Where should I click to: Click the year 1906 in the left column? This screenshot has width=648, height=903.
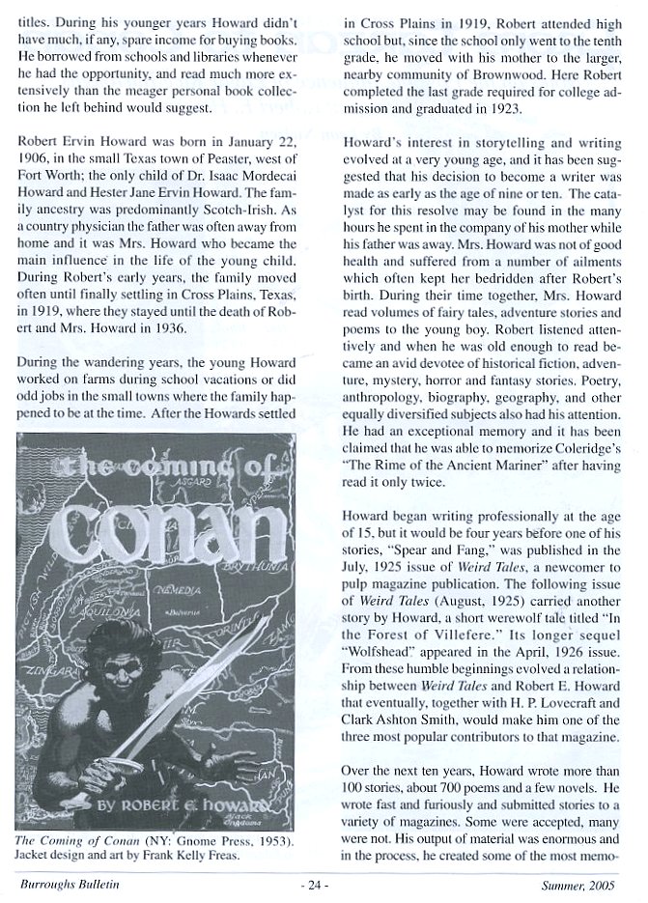tap(34, 156)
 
